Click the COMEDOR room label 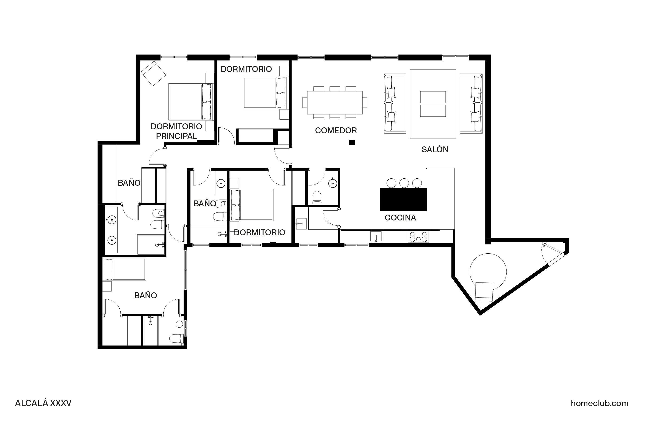tap(336, 130)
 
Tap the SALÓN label tap(435, 149)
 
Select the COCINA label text tap(400, 218)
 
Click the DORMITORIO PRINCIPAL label tap(176, 131)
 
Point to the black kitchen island tap(403, 200)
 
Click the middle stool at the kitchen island tap(404, 183)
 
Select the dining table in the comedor tap(334, 102)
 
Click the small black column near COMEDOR tap(352, 142)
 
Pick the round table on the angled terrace tap(488, 272)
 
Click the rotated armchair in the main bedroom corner tap(153, 73)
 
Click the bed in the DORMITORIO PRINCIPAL tap(190, 102)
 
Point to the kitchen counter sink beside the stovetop tap(376, 236)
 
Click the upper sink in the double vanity tap(112, 220)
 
